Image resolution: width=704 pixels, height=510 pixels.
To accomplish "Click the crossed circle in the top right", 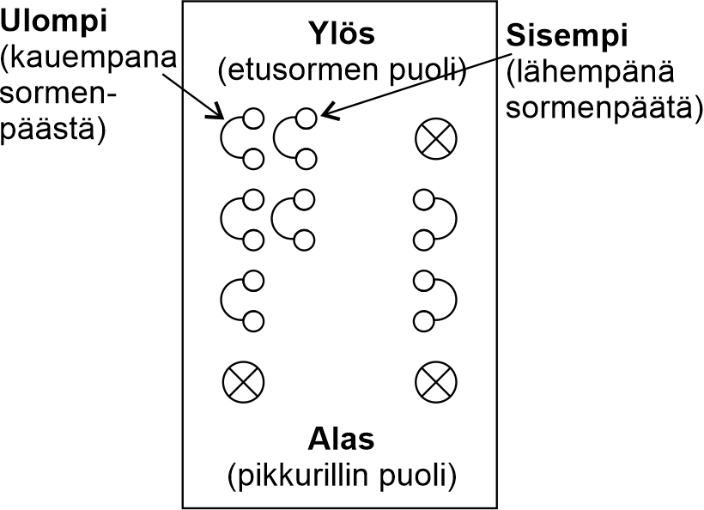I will click(435, 138).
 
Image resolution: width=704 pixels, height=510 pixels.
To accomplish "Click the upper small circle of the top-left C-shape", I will click(253, 118).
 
